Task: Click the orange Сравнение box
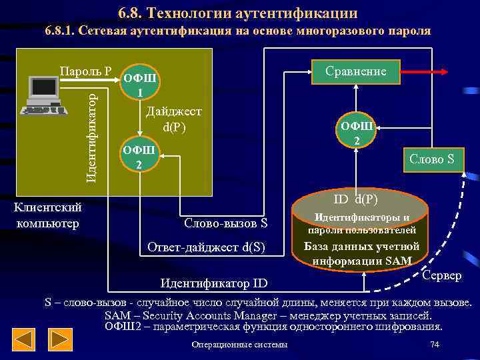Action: point(355,71)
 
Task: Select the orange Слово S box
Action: point(431,160)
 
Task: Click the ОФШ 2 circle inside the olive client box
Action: point(139,157)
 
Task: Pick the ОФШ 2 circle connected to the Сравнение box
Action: point(357,131)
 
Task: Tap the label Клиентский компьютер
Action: point(47,215)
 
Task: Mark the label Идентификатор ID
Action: point(213,283)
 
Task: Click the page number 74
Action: point(435,344)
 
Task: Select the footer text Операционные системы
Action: point(239,345)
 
